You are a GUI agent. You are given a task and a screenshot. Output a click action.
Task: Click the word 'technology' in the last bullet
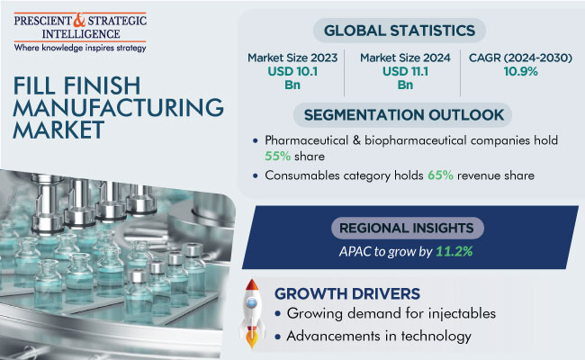(x=430, y=337)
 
